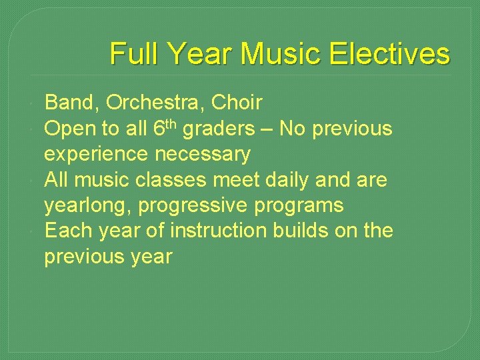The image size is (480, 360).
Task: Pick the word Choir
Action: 237,103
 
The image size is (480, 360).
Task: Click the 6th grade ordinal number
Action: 164,127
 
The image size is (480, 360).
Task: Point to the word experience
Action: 97,155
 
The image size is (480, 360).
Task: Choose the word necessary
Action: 203,155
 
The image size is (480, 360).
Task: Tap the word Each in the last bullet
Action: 69,231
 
